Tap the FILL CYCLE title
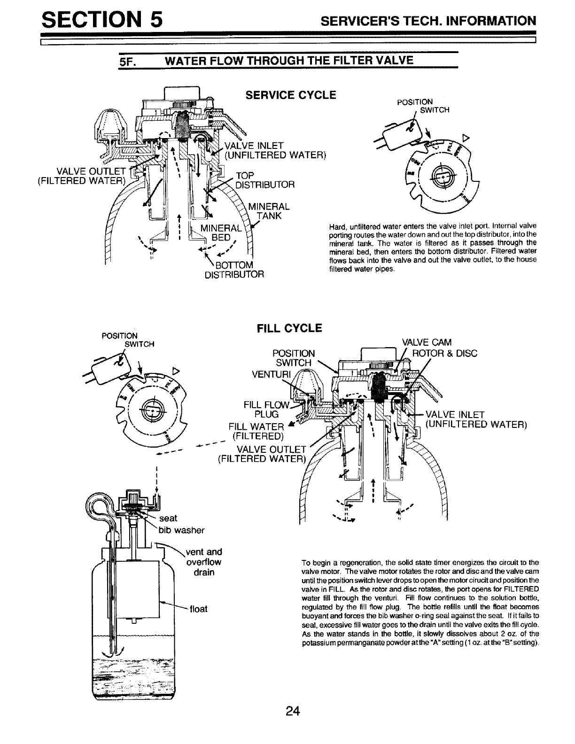coord(289,328)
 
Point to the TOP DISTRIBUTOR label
coord(264,180)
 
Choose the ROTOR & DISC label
coord(444,353)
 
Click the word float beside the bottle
coord(199,609)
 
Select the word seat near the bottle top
coord(168,518)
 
